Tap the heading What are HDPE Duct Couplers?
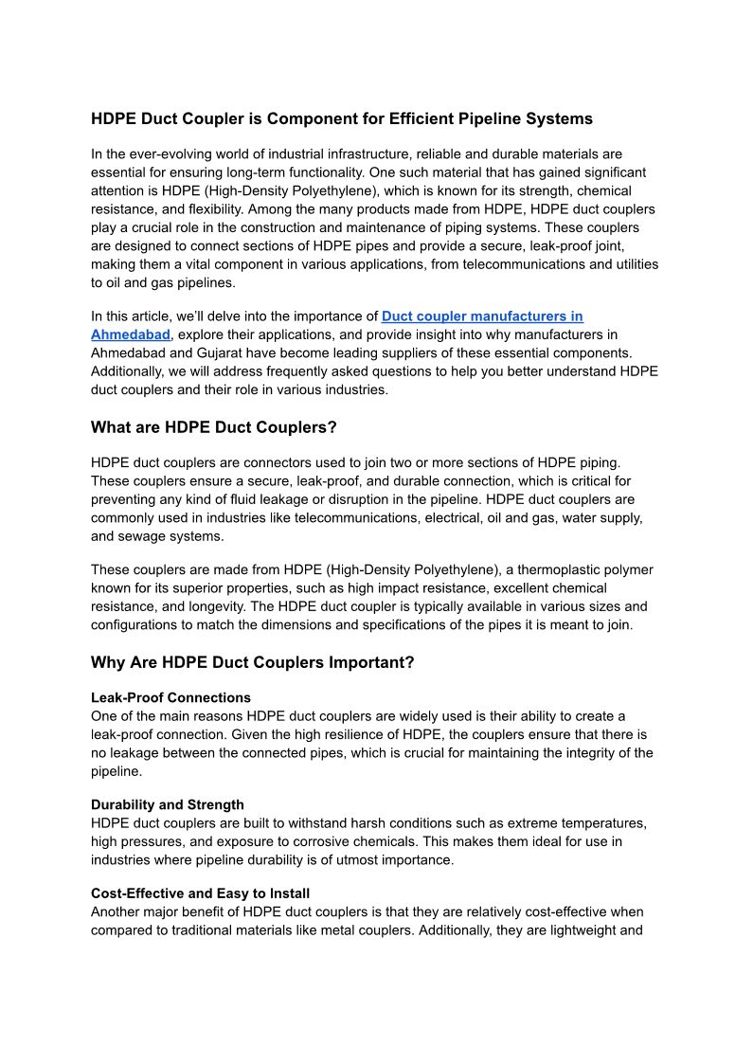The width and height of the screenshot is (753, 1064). click(213, 427)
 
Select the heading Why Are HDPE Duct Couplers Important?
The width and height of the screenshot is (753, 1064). click(252, 662)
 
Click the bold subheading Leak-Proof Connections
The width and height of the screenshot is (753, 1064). click(170, 698)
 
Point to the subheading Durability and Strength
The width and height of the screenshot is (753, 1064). click(167, 804)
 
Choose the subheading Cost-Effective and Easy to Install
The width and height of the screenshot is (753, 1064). click(200, 893)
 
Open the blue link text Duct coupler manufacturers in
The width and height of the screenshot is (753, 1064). click(482, 316)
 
